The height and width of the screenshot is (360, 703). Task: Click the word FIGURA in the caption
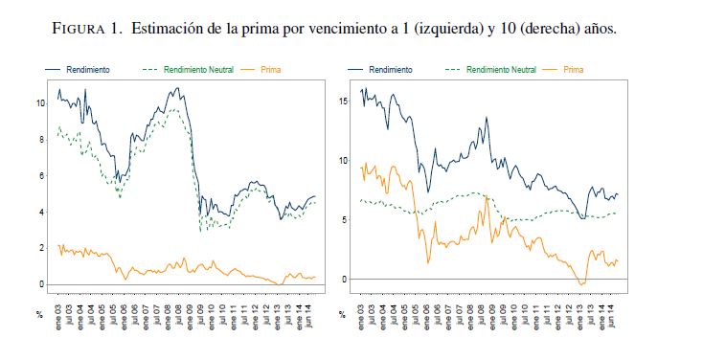click(x=79, y=29)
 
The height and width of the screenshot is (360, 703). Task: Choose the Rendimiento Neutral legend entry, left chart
click(x=188, y=70)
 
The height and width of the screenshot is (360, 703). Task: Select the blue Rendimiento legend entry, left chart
click(x=78, y=70)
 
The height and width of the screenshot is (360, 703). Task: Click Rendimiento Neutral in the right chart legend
click(x=490, y=70)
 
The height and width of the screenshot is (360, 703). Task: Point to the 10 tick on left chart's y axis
click(x=41, y=103)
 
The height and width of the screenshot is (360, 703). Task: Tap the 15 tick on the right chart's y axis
click(x=344, y=101)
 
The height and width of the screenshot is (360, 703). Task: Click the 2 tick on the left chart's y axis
click(x=43, y=248)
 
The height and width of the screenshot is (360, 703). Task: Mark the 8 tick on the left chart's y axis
click(x=43, y=140)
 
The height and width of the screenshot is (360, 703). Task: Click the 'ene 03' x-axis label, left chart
click(x=58, y=317)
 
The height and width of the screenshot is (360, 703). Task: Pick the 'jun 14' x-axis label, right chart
click(x=611, y=318)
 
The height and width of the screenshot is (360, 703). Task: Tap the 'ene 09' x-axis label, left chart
click(x=190, y=317)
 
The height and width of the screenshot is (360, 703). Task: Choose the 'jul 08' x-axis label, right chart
click(x=482, y=318)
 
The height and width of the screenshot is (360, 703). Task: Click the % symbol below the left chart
click(x=39, y=315)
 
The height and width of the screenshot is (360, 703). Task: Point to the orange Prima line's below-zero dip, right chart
click(x=582, y=283)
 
